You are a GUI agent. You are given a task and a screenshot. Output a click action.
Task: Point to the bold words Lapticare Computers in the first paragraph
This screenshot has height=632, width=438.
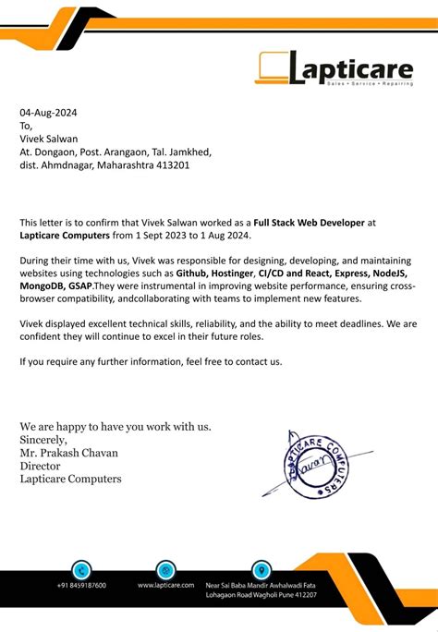point(63,236)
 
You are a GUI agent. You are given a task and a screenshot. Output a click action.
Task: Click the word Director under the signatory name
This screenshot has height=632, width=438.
point(43,466)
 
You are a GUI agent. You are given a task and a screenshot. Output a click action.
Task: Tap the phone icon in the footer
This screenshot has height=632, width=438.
point(81,570)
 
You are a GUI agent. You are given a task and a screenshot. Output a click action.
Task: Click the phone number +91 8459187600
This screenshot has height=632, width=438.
point(81,586)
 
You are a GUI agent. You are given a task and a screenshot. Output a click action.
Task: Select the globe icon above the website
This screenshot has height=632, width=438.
point(166,570)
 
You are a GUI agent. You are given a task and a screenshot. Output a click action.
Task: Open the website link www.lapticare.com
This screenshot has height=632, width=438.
point(166,586)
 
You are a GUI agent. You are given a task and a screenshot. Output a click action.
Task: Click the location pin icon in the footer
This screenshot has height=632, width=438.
point(262,570)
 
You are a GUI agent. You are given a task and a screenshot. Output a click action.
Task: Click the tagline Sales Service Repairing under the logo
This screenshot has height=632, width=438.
point(369,84)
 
